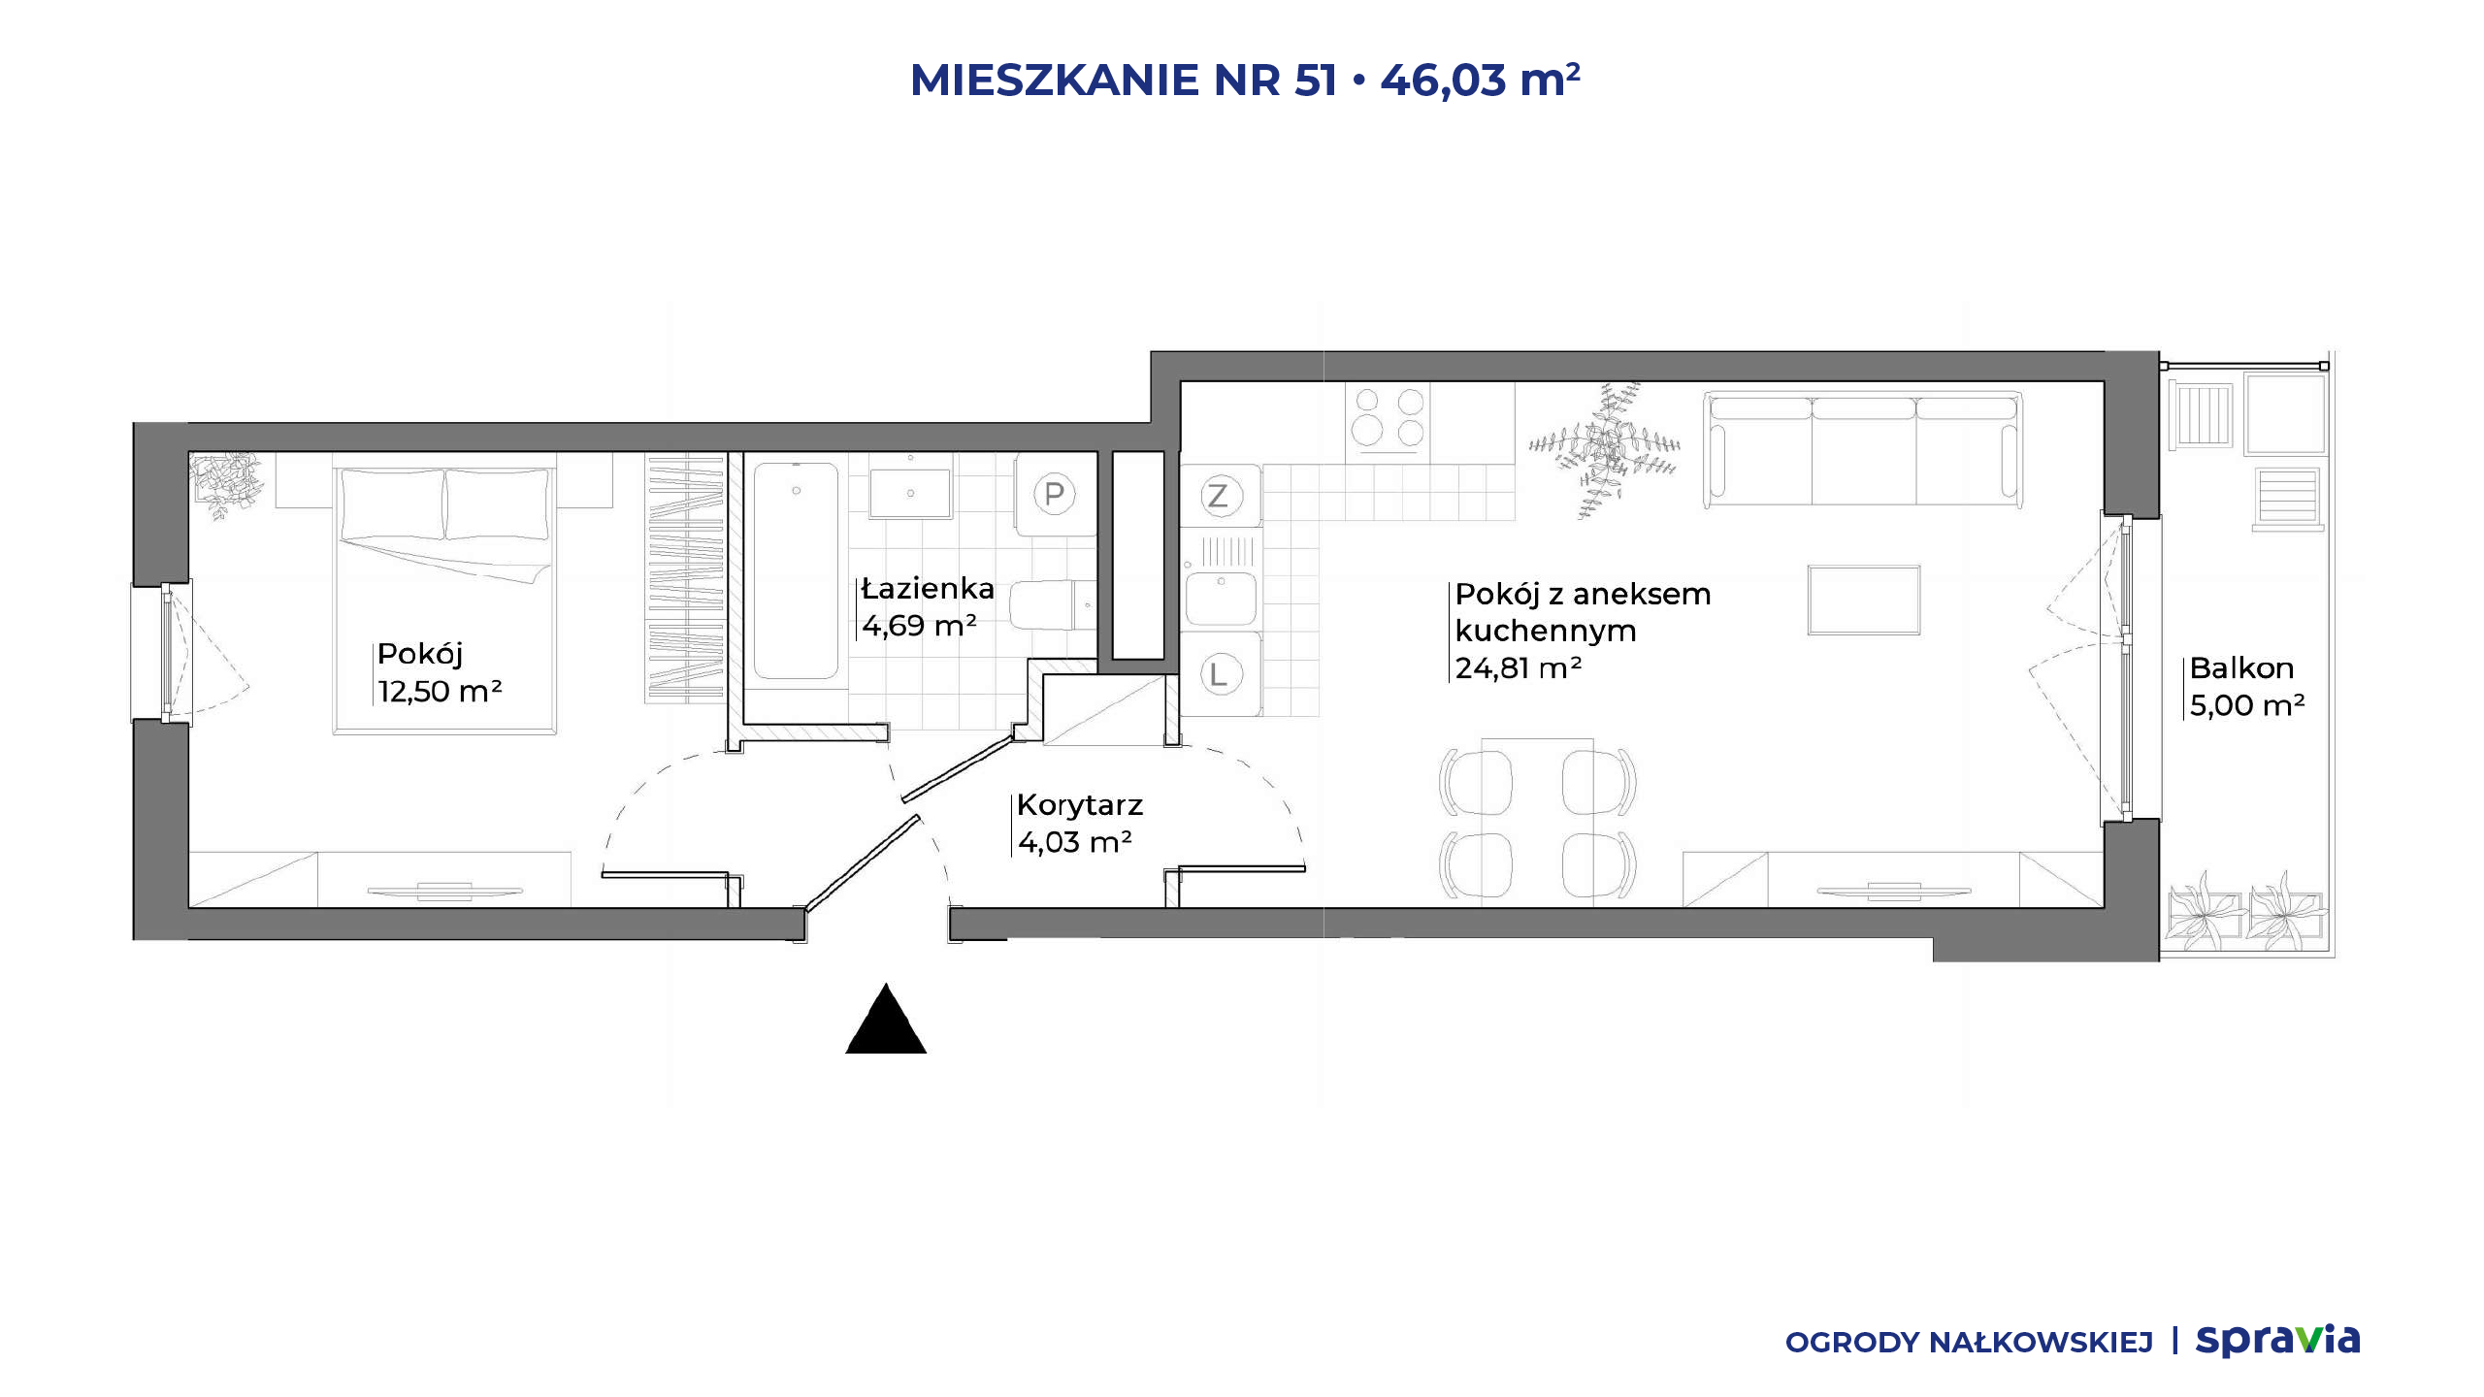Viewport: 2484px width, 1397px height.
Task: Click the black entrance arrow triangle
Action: (x=886, y=1021)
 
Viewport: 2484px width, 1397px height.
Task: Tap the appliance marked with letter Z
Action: (x=1221, y=496)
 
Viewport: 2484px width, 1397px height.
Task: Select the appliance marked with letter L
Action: (x=1221, y=673)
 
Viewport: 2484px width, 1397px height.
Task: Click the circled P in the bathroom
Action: (x=1055, y=495)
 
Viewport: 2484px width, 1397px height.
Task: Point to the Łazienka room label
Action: (x=928, y=589)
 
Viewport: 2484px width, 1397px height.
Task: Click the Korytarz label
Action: (x=1080, y=805)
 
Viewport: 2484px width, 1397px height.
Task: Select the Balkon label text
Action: (x=2241, y=668)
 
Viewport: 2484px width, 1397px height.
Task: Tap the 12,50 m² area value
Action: (x=440, y=692)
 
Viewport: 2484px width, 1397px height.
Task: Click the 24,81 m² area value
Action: (x=1519, y=668)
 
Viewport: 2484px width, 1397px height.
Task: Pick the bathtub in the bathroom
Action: (x=796, y=571)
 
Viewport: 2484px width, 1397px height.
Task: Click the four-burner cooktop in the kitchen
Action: (x=1388, y=417)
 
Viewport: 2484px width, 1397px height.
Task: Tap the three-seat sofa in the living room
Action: (x=1863, y=449)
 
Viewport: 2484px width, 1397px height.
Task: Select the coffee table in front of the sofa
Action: (x=1864, y=601)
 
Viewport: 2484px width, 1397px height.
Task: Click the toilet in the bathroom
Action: (x=1052, y=605)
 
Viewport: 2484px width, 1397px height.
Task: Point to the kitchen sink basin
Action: (x=1221, y=598)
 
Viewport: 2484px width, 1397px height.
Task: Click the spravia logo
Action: (x=2277, y=1341)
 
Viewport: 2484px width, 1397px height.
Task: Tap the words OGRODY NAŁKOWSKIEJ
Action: (x=1969, y=1343)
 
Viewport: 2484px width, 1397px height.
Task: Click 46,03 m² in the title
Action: (x=1480, y=80)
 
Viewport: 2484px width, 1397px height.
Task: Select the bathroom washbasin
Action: (x=910, y=493)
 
